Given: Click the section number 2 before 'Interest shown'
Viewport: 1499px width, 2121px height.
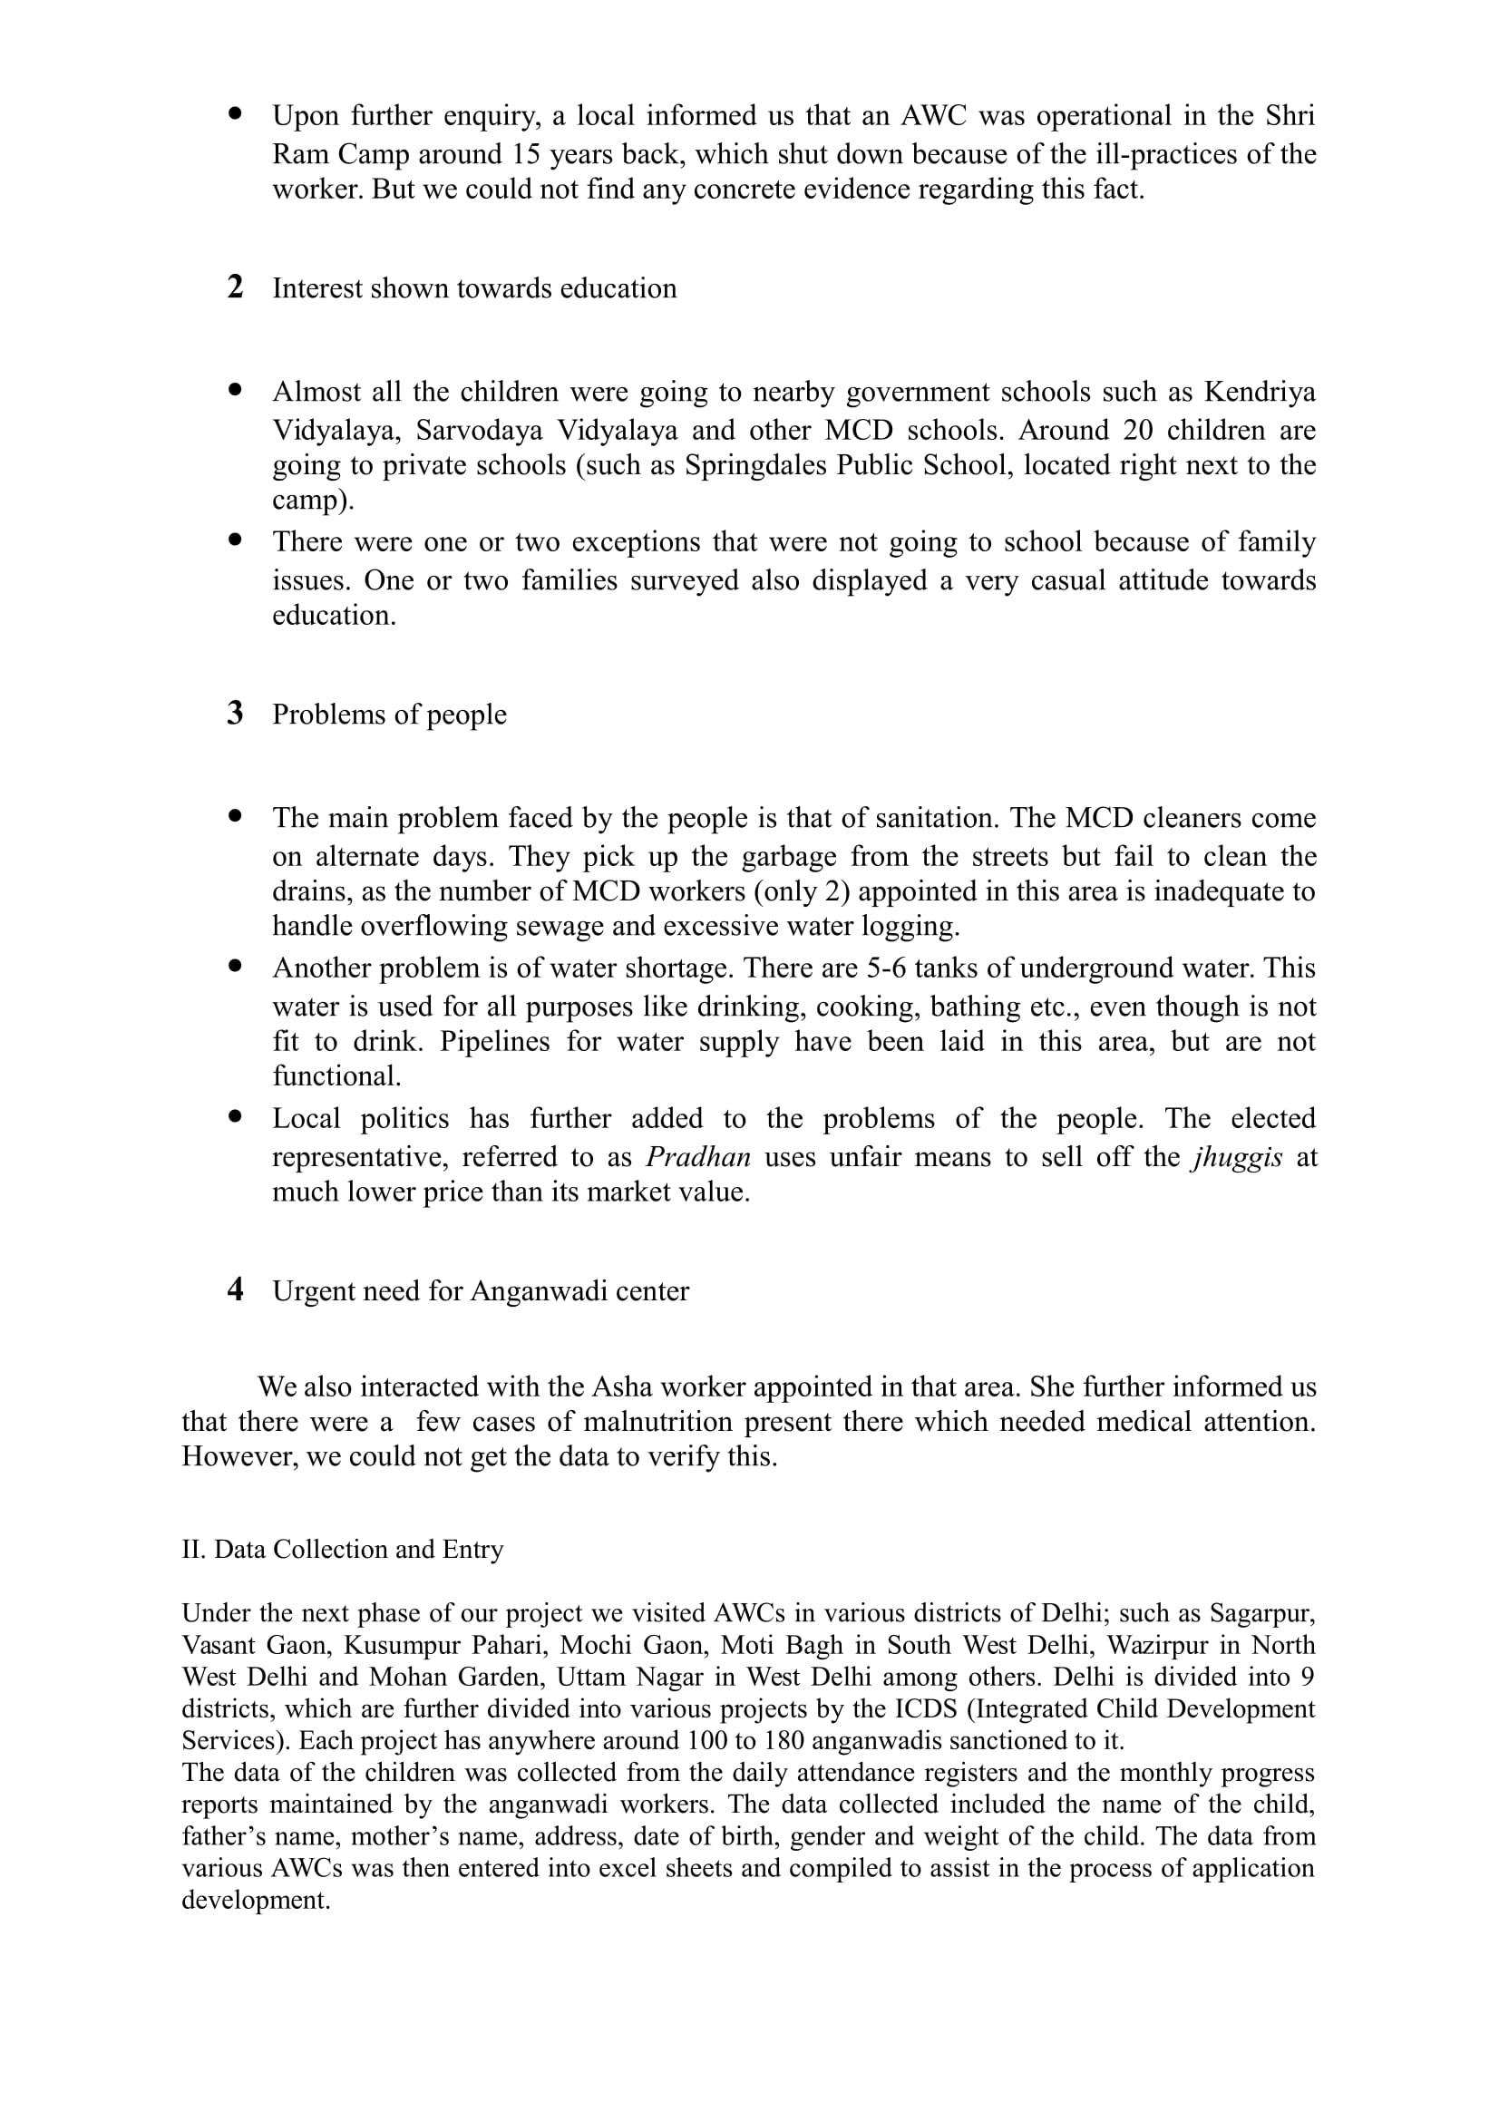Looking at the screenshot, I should [x=236, y=287].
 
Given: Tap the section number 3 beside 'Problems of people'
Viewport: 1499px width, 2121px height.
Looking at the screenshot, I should [x=236, y=713].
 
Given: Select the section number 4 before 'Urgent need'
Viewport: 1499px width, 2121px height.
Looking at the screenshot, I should [x=236, y=1289].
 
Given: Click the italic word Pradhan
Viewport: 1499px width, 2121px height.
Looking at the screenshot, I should [x=698, y=1156].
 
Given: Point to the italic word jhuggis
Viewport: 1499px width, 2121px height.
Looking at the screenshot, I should [x=1238, y=1156].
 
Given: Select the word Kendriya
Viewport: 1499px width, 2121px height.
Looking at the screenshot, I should [x=1260, y=392].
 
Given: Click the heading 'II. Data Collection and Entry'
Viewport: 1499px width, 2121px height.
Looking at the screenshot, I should [x=343, y=1549].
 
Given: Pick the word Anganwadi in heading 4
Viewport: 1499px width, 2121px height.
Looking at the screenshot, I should [x=532, y=1290].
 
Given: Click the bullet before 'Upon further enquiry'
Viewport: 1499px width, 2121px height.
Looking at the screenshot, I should [x=236, y=113].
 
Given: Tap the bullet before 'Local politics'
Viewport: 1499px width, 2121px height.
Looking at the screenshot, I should [x=236, y=1116].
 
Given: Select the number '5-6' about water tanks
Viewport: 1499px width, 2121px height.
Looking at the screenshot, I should [x=882, y=968].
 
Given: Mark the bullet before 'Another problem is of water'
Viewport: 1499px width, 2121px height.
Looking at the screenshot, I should [x=236, y=966].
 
